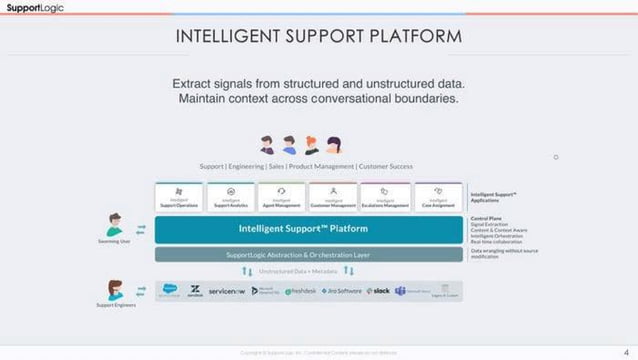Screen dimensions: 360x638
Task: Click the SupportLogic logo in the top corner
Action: (x=31, y=7)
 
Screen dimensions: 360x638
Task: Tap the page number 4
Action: (x=624, y=352)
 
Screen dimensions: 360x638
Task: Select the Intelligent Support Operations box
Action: (x=179, y=196)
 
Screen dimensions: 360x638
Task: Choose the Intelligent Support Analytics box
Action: (x=231, y=196)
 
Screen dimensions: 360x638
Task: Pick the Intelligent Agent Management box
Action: (x=282, y=196)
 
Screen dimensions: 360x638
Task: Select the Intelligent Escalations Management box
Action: (x=385, y=196)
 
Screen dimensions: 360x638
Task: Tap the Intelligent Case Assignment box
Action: (x=437, y=196)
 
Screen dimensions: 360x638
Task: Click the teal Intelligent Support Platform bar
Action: (x=309, y=229)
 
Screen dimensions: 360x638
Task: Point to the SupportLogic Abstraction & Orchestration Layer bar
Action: (x=309, y=254)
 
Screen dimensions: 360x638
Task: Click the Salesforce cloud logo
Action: (x=170, y=289)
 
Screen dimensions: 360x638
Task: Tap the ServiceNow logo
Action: (x=227, y=291)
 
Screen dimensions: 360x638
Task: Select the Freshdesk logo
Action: (x=301, y=291)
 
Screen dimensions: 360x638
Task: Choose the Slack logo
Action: (x=378, y=291)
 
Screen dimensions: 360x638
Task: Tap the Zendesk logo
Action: (x=196, y=292)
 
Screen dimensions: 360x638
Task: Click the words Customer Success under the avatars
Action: (x=386, y=166)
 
